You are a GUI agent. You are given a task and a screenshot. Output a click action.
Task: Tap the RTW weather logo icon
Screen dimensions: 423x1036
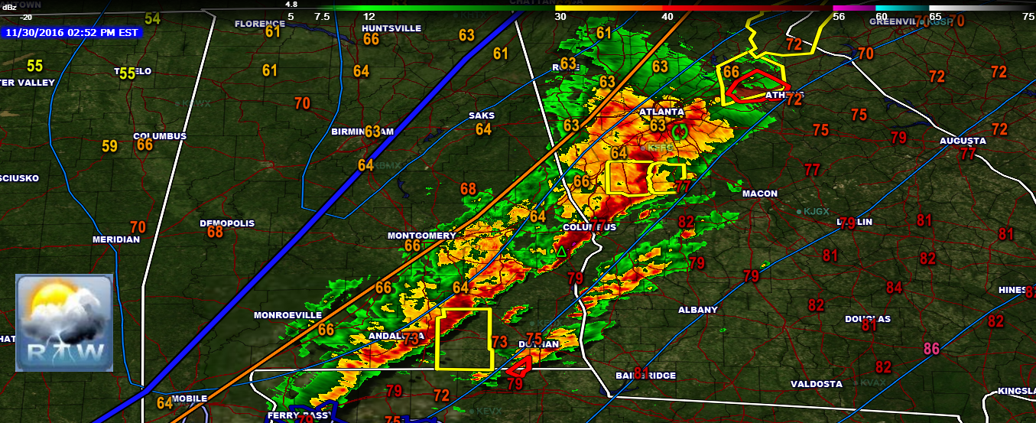[x=64, y=322]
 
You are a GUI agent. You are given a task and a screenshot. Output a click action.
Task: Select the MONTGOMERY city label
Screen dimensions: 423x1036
[x=421, y=236]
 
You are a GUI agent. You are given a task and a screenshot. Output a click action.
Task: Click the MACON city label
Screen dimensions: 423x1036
[x=759, y=194]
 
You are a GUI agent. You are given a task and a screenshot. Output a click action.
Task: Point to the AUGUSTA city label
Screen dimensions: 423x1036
[x=963, y=141]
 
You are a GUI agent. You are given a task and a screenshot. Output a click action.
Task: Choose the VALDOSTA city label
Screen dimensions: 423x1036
[x=816, y=384]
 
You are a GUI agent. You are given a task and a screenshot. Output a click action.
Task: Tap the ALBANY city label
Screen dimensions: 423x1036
[x=698, y=310]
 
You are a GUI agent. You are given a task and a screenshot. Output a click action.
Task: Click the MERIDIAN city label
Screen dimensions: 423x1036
[x=116, y=239]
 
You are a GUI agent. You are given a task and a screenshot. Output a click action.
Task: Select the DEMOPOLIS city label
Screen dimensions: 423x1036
[x=227, y=223]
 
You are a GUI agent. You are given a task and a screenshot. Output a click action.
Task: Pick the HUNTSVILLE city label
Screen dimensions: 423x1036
[x=391, y=28]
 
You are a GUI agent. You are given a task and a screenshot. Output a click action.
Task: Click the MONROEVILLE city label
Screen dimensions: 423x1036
[x=287, y=315]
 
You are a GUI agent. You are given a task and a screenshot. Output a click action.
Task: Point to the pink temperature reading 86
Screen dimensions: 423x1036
[x=931, y=349]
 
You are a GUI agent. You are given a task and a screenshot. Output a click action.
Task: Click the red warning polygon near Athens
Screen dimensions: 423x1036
[x=756, y=86]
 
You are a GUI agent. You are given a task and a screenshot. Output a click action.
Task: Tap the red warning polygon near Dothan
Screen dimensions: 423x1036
[x=519, y=366]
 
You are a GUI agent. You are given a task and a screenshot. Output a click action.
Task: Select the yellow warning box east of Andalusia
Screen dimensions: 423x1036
[x=463, y=339]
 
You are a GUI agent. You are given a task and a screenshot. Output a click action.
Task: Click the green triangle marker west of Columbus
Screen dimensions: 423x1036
[x=561, y=251]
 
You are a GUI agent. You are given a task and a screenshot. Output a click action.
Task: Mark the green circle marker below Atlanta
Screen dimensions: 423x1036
[x=680, y=132]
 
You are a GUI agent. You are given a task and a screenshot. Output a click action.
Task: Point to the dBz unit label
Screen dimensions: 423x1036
[x=9, y=6]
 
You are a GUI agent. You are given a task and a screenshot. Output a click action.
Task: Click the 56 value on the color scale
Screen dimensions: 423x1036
[x=839, y=16]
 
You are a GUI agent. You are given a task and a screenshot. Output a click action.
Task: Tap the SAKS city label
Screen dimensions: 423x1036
[x=482, y=116]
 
